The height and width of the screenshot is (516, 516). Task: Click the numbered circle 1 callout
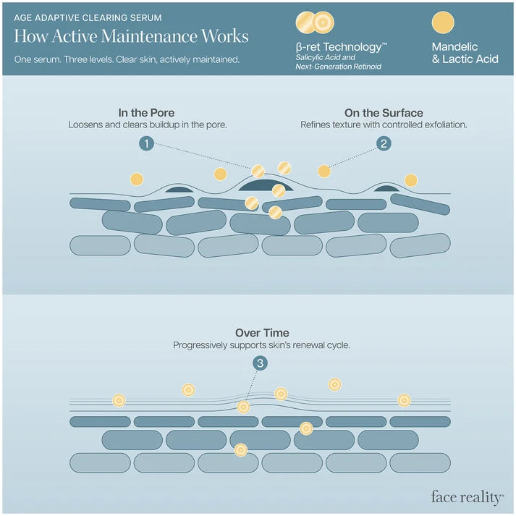tap(146, 143)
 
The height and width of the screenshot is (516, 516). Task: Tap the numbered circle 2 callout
tap(384, 143)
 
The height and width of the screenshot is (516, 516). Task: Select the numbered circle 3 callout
tap(260, 363)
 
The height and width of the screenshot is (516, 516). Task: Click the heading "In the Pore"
tap(146, 113)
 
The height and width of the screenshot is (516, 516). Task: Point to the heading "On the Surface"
tap(384, 113)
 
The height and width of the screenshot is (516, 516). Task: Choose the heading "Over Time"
tap(262, 333)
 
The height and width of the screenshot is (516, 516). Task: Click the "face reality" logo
tap(468, 497)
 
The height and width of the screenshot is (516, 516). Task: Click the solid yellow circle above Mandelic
tap(443, 22)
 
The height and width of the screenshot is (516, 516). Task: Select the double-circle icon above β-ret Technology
tap(315, 22)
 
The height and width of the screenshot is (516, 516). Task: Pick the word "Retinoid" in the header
tap(367, 67)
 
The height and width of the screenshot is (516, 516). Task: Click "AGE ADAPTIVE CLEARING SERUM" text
tap(88, 18)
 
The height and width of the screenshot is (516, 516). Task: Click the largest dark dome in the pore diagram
tap(266, 185)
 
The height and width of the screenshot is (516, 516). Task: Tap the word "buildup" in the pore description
tap(164, 125)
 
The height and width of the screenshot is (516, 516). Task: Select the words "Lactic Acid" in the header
tap(470, 59)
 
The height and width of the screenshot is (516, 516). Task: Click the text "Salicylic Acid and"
tap(325, 57)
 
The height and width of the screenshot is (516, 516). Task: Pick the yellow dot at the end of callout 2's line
tap(323, 171)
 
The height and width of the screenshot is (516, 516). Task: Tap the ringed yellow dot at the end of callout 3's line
tap(243, 407)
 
